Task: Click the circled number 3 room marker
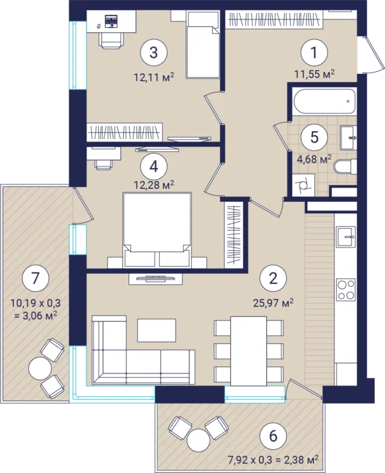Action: [153, 53]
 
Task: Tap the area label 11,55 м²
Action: [314, 74]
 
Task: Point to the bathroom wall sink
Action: [348, 138]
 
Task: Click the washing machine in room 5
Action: [304, 185]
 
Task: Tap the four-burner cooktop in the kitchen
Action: [346, 290]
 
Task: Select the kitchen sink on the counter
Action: [346, 236]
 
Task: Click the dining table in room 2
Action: [248, 351]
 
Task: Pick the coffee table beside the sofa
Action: [157, 330]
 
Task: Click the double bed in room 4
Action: [157, 230]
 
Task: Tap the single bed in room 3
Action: [202, 44]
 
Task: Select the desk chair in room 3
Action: [112, 40]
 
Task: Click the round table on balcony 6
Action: [198, 440]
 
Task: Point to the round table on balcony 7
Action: [40, 368]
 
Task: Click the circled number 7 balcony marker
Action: [35, 278]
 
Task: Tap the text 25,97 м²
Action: [273, 302]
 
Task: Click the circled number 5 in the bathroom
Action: [314, 137]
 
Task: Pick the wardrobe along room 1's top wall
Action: [274, 20]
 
